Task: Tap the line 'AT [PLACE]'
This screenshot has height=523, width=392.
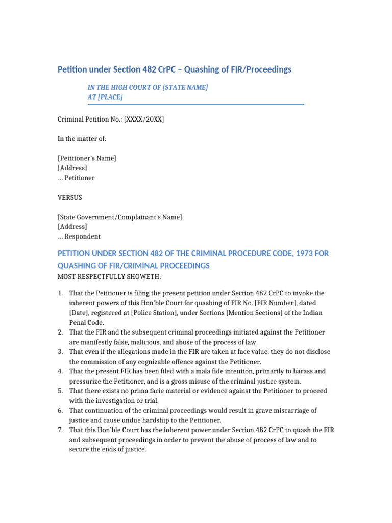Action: click(105, 97)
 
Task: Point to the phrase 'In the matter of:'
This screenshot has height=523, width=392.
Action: click(82, 139)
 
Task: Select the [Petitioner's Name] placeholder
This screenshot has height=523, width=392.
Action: click(87, 158)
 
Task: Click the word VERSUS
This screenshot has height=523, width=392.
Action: click(70, 197)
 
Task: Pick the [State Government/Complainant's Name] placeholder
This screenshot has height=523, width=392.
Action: click(120, 217)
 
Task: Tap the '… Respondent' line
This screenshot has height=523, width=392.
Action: click(79, 236)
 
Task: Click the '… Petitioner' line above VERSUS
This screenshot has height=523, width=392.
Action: click(76, 178)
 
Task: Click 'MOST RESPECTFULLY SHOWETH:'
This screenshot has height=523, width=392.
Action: click(109, 277)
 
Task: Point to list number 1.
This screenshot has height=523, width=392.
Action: click(60, 293)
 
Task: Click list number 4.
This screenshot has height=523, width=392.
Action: click(60, 371)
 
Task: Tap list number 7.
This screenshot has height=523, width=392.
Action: click(60, 430)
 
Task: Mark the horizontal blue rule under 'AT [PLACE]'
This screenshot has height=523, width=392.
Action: click(196, 104)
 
